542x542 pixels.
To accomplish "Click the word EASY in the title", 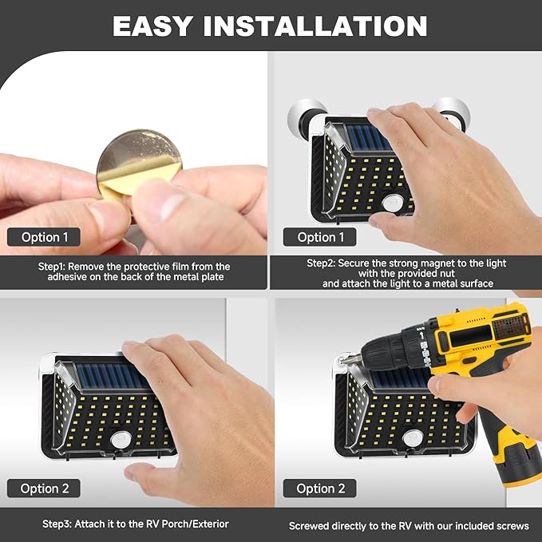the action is click(152, 26).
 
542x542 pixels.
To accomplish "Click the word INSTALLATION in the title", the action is click(315, 26).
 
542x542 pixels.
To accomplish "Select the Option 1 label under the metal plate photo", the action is click(44, 237).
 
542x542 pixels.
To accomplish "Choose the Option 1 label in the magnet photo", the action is click(320, 237).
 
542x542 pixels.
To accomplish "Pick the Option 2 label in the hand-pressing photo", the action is click(44, 489).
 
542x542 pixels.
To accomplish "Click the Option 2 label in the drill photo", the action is click(320, 489).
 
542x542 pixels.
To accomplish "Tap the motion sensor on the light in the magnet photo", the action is click(394, 203).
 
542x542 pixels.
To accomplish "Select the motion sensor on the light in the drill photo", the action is click(413, 438).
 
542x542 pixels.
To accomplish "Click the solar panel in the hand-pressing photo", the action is click(110, 376).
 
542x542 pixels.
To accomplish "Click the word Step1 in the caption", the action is click(52, 267).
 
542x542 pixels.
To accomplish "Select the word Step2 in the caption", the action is click(321, 263).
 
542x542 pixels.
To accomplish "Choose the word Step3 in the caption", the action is click(57, 524).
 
